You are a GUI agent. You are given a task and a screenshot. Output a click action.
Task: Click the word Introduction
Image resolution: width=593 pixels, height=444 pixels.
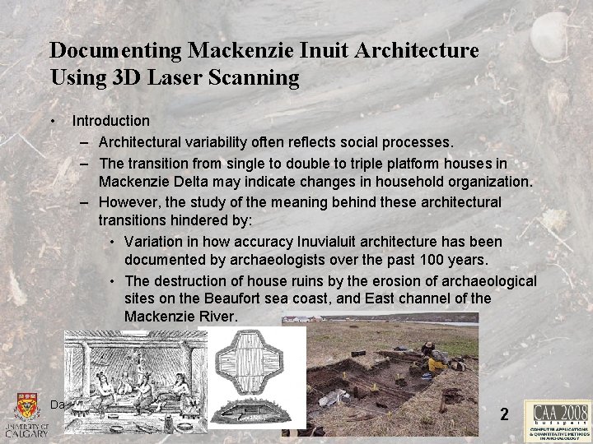pyautogui.click(x=110, y=121)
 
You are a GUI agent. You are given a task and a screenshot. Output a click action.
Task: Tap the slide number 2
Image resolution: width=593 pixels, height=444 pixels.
pyautogui.click(x=504, y=414)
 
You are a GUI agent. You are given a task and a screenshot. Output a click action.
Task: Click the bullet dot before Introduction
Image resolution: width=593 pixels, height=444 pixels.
pyautogui.click(x=53, y=121)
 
